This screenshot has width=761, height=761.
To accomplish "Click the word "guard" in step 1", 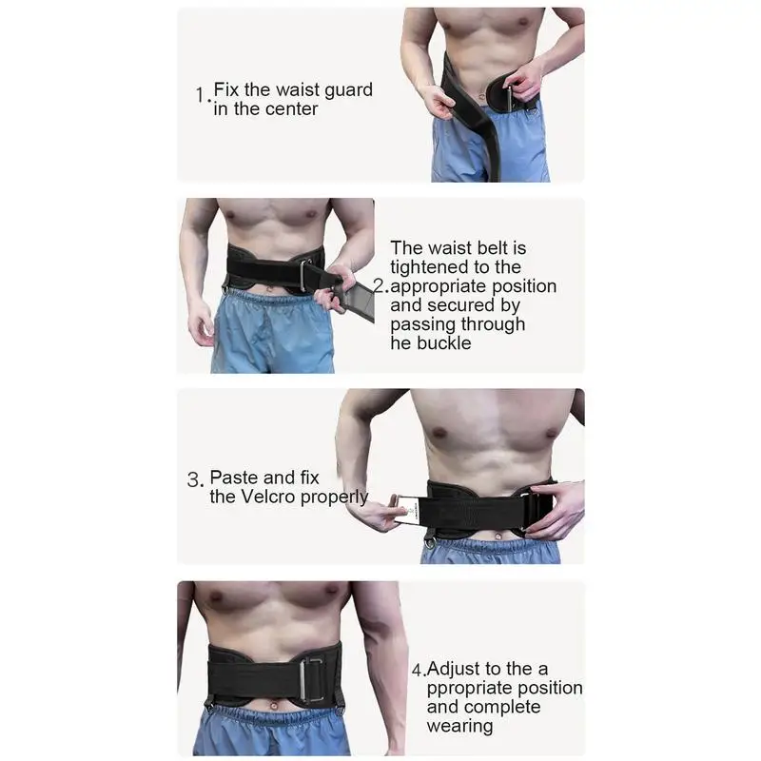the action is click(x=348, y=90).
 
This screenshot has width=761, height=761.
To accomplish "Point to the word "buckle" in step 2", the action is click(x=444, y=343).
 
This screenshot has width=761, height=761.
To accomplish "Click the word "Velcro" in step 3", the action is click(x=268, y=497).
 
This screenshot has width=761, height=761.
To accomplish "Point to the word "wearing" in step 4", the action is click(x=459, y=727).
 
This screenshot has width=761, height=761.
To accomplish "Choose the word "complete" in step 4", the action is click(x=509, y=707).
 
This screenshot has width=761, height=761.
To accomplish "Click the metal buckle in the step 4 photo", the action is click(x=312, y=679).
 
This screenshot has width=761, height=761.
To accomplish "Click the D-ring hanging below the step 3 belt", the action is click(x=429, y=539).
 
